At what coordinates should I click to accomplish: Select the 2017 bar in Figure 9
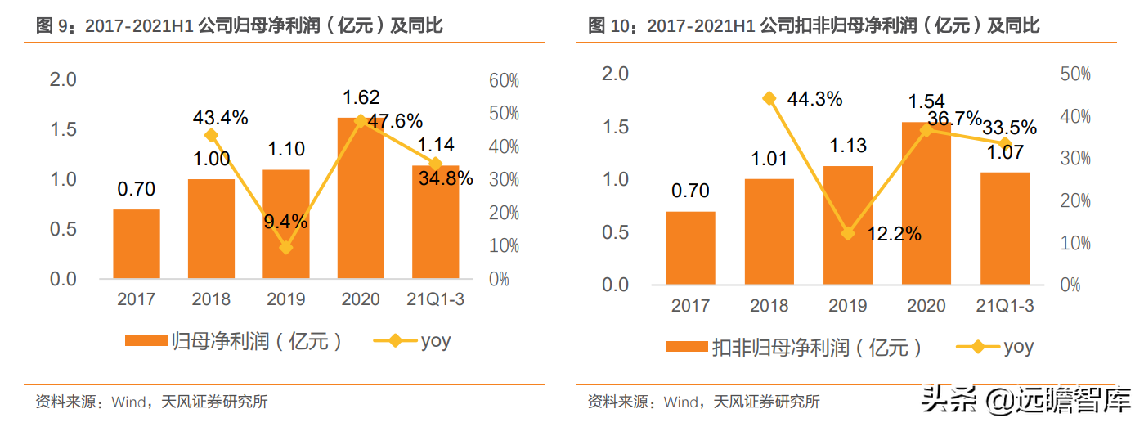pyautogui.click(x=136, y=244)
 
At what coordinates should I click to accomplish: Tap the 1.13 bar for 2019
pyautogui.click(x=847, y=225)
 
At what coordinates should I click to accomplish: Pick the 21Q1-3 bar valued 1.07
pyautogui.click(x=1005, y=228)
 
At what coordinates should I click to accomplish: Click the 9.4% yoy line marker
pyautogui.click(x=285, y=248)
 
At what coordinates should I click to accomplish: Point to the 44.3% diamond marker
pyautogui.click(x=769, y=99)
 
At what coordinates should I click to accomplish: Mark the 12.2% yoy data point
pyautogui.click(x=848, y=234)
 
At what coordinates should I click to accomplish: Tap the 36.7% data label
pyautogui.click(x=954, y=119)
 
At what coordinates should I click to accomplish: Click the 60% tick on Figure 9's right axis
pyautogui.click(x=505, y=80)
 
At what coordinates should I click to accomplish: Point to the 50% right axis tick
pyautogui.click(x=1074, y=74)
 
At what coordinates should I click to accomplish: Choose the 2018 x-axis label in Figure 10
pyautogui.click(x=769, y=306)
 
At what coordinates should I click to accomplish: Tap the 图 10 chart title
pyautogui.click(x=814, y=26)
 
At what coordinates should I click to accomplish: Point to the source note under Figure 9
pyautogui.click(x=151, y=402)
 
